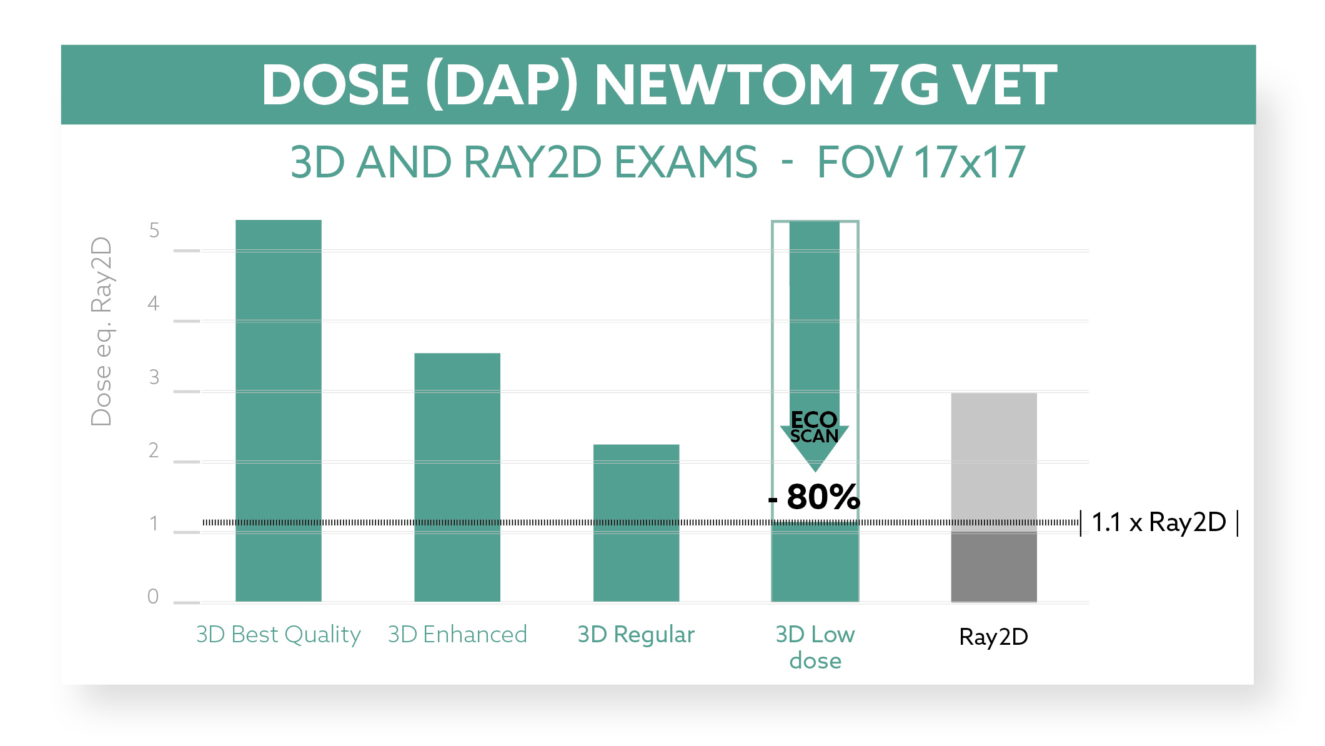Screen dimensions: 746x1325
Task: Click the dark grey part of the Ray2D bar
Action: (x=993, y=567)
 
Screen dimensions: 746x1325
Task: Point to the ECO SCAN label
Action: (x=814, y=427)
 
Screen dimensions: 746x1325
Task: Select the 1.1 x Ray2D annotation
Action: (x=1159, y=522)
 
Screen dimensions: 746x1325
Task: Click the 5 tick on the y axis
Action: (x=154, y=231)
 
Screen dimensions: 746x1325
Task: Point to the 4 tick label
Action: (x=154, y=304)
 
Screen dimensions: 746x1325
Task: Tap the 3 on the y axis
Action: (x=154, y=377)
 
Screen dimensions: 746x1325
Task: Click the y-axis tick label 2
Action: (x=154, y=450)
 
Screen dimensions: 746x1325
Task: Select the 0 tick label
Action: (x=153, y=597)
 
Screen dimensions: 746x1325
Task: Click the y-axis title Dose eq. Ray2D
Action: (x=101, y=331)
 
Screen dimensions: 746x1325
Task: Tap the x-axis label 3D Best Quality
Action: (x=278, y=635)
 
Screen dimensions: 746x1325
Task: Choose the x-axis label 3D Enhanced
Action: (x=457, y=635)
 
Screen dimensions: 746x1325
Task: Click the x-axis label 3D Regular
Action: (x=636, y=635)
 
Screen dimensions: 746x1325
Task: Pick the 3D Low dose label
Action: (x=815, y=647)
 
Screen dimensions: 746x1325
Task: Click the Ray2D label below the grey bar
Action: (x=993, y=637)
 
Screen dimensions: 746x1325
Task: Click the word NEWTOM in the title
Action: (x=723, y=85)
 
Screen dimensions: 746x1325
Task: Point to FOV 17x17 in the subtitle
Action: (x=921, y=162)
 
